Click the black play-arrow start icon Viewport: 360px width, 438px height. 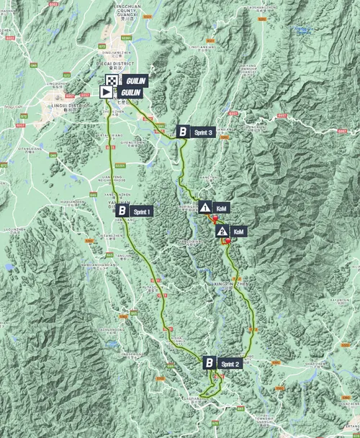(x=105, y=92)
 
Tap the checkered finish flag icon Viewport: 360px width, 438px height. (x=112, y=81)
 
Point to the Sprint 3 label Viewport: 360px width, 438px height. (x=204, y=132)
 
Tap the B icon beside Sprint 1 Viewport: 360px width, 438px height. (x=122, y=211)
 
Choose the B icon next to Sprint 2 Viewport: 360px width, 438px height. (x=209, y=362)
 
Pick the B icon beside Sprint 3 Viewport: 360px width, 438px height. (x=184, y=132)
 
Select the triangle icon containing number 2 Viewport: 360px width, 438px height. (x=222, y=231)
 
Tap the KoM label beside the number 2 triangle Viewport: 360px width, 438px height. (x=240, y=231)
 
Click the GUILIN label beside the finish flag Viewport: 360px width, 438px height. (x=135, y=81)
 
